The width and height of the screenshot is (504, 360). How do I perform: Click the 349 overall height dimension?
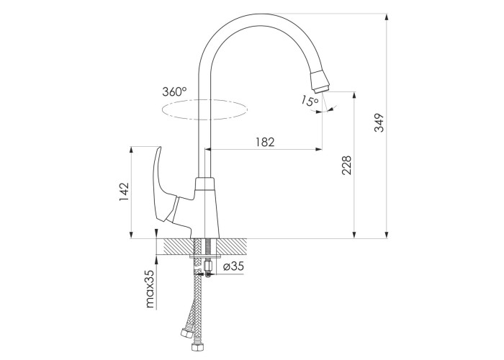click(x=379, y=122)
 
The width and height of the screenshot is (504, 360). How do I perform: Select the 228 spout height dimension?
click(x=346, y=165)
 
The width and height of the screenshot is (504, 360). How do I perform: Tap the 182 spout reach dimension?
click(x=265, y=142)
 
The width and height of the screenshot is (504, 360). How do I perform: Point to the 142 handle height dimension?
click(x=124, y=192)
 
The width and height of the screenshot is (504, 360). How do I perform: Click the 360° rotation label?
click(x=174, y=91)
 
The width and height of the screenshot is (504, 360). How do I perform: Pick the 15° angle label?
click(x=310, y=101)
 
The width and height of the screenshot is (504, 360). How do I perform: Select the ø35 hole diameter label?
click(x=233, y=266)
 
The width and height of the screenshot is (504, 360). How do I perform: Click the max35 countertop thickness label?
click(x=150, y=289)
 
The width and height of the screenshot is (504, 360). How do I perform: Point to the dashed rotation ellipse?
click(x=204, y=109)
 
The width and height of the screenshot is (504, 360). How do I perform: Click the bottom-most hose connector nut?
click(x=195, y=348)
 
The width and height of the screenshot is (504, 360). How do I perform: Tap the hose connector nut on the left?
click(x=186, y=333)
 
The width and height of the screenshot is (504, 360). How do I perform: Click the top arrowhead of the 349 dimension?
click(x=387, y=17)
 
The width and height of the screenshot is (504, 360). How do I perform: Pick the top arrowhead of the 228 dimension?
click(x=354, y=96)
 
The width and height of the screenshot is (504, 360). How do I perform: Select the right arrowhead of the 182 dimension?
click(x=318, y=149)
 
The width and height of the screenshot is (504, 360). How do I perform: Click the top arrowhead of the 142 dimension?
click(x=131, y=150)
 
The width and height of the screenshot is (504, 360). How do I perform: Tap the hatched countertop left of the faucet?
click(x=179, y=247)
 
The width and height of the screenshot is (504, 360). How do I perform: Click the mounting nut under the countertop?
click(x=209, y=266)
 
